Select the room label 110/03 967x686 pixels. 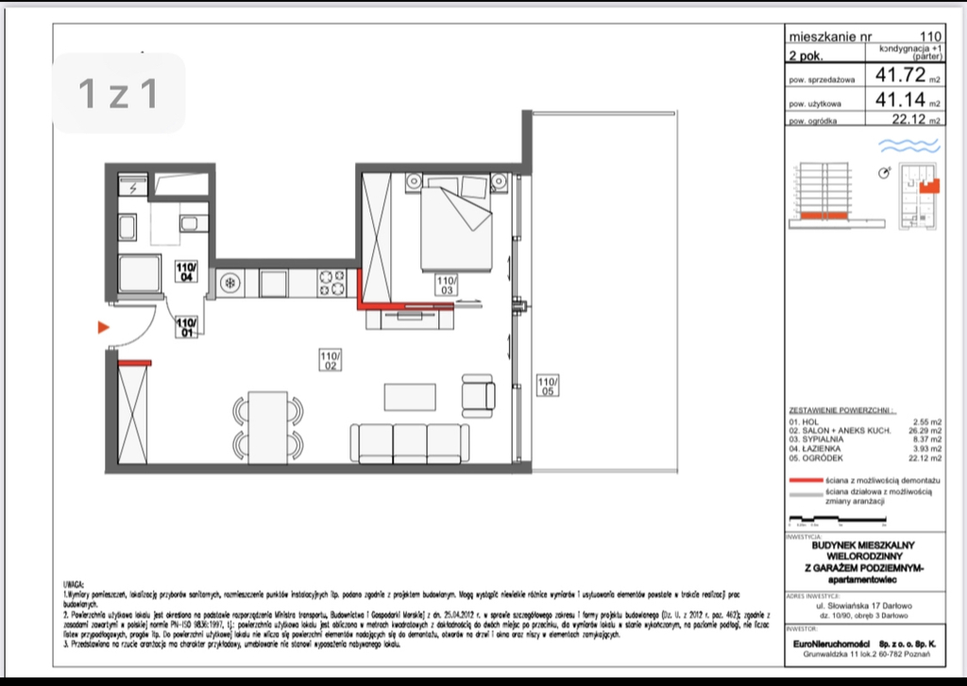447,284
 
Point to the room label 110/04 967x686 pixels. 186,272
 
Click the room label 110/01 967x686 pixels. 186,326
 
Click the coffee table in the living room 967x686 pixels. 413,395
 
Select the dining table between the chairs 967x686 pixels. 268,425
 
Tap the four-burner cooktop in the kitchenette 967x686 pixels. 332,283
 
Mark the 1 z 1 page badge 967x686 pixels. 118,93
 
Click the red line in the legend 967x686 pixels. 804,481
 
